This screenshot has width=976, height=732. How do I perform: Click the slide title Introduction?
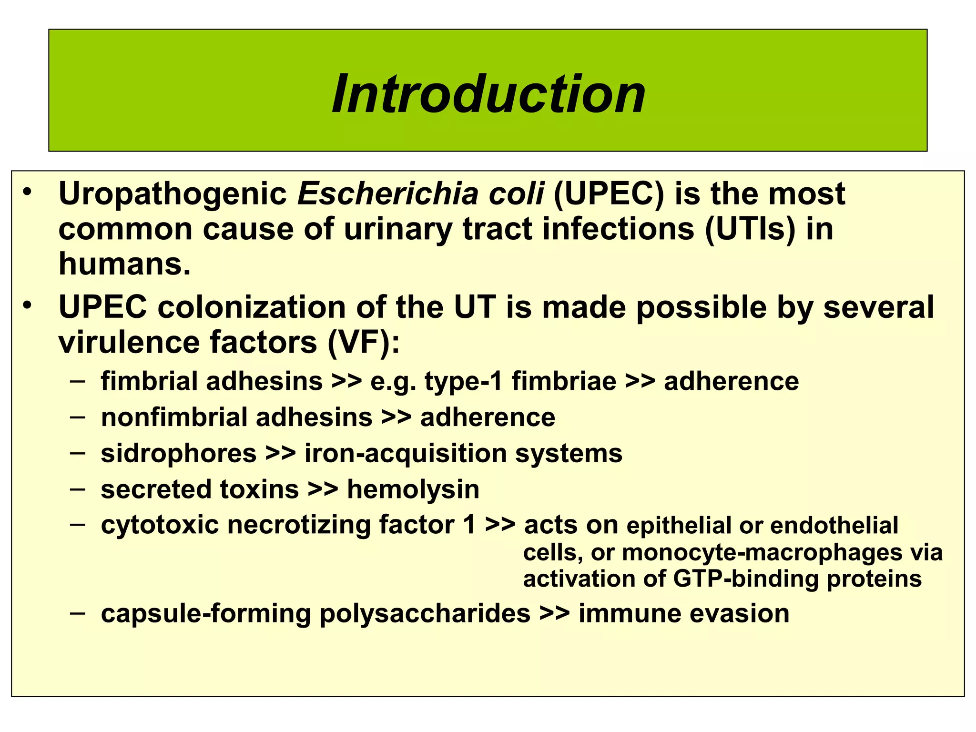pyautogui.click(x=488, y=94)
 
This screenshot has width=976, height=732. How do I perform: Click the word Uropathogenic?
pyautogui.click(x=173, y=194)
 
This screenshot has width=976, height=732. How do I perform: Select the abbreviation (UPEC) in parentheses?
pyautogui.click(x=609, y=194)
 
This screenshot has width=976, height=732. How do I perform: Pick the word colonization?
pyautogui.click(x=252, y=307)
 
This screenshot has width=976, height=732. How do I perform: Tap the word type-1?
pyautogui.click(x=463, y=382)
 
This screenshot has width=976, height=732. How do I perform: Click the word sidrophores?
pyautogui.click(x=179, y=453)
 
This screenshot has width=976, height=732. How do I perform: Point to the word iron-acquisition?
pyautogui.click(x=406, y=453)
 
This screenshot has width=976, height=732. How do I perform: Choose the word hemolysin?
pyautogui.click(x=413, y=489)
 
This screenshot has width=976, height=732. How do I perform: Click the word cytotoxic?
pyautogui.click(x=160, y=525)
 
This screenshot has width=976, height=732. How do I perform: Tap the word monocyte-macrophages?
pyautogui.click(x=762, y=553)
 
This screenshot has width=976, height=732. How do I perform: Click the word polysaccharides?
pyautogui.click(x=425, y=613)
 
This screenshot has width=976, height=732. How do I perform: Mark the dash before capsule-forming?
pyautogui.click(x=77, y=612)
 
